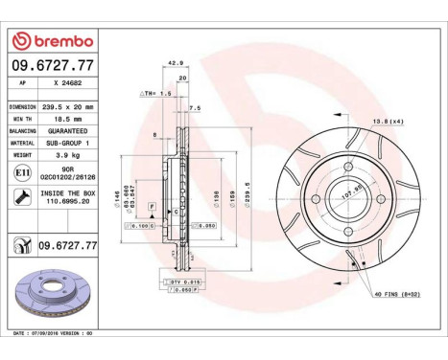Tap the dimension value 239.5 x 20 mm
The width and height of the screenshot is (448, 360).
click(x=69, y=107)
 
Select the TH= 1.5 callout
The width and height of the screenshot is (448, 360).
click(x=156, y=94)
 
